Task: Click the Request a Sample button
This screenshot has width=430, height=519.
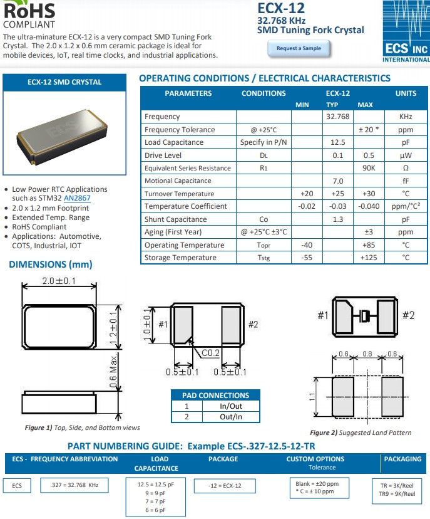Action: [299, 48]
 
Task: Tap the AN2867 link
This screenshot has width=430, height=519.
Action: [76, 198]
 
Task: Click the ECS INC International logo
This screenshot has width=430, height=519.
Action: [406, 31]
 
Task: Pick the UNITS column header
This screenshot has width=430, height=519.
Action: [406, 93]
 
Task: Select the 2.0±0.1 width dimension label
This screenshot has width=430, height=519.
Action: [59, 281]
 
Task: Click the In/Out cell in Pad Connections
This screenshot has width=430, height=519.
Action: [230, 406]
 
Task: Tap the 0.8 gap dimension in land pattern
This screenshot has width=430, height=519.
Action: [367, 354]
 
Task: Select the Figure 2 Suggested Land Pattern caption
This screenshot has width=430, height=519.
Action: [361, 432]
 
